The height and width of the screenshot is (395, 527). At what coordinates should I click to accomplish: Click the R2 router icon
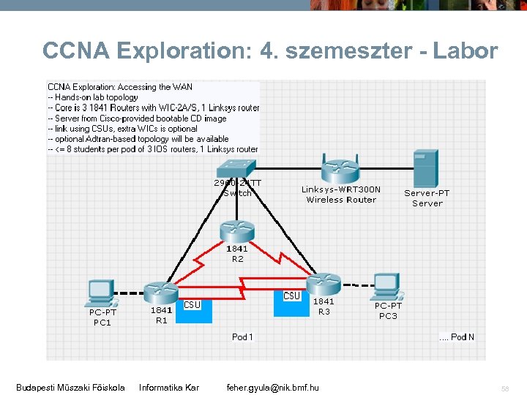[x=236, y=230]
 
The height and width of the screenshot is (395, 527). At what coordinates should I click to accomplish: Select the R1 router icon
[x=161, y=292]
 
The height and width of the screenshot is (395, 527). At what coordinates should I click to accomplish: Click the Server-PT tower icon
[x=425, y=168]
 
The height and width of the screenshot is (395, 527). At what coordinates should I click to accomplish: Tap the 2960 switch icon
[x=237, y=168]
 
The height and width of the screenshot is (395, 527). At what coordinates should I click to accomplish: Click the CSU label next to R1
[x=192, y=305]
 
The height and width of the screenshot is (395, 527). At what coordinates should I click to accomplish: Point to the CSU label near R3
[x=291, y=296]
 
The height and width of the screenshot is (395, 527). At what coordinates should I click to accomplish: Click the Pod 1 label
[x=242, y=337]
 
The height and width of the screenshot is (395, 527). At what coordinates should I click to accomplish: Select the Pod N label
[x=457, y=337]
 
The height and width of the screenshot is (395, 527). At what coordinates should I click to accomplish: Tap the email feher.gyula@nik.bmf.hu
[x=272, y=387]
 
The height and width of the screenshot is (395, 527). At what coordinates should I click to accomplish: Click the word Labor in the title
[x=466, y=51]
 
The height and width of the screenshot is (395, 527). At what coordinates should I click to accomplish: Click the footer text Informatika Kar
[x=169, y=387]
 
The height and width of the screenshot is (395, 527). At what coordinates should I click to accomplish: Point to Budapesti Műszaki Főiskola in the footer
[x=70, y=387]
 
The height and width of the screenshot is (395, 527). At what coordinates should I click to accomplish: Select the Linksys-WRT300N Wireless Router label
[x=341, y=195]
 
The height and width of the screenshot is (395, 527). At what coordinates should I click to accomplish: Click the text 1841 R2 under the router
[x=237, y=254]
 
